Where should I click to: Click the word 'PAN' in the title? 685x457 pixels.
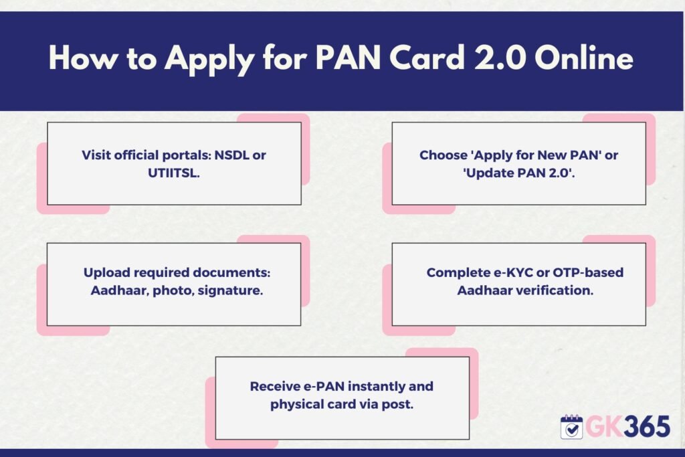[x=348, y=58]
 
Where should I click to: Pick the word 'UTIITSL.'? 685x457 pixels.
[x=174, y=173]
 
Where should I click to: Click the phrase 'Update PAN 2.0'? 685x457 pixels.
[x=518, y=173]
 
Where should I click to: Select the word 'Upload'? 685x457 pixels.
[x=106, y=272]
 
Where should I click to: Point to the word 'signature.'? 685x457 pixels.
[x=230, y=291]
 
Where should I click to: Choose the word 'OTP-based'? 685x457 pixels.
[x=588, y=272]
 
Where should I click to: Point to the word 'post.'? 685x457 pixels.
[x=397, y=405]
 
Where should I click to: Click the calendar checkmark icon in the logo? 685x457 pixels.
[x=571, y=427]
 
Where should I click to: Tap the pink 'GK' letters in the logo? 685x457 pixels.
[x=604, y=426]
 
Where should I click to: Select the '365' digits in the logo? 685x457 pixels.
[x=647, y=426]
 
